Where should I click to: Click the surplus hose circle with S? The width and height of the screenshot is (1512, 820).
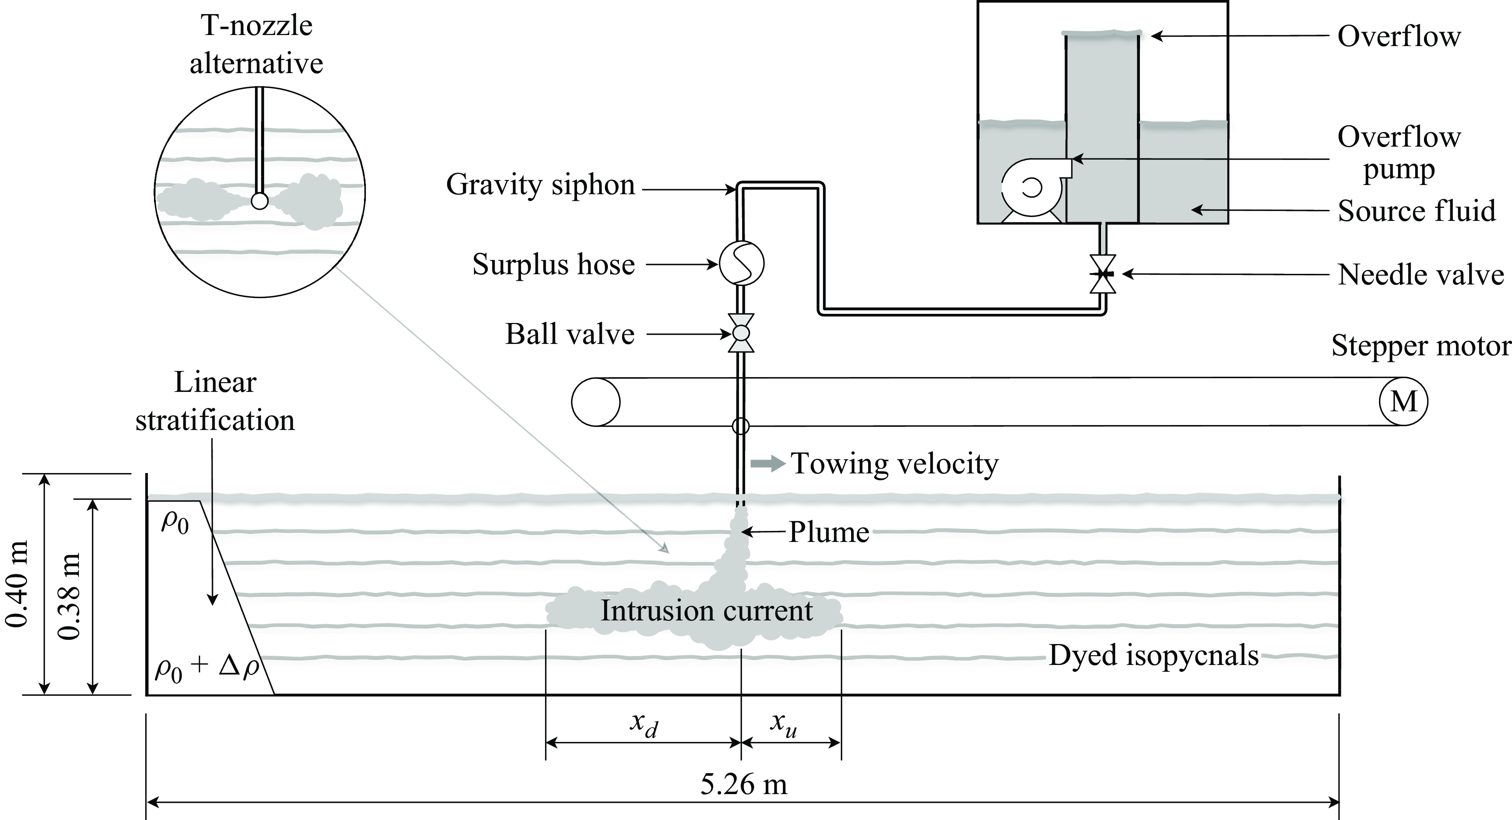coord(741,263)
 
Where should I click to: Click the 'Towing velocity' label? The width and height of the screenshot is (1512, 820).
coord(895,464)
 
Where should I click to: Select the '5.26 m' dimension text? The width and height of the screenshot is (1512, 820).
coord(744,784)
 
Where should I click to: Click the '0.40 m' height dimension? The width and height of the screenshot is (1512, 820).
coord(16,584)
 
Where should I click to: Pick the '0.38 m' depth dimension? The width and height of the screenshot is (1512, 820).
coord(69,596)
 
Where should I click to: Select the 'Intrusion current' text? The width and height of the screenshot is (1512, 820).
coord(707,611)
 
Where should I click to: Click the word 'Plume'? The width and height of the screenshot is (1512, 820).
coord(828,532)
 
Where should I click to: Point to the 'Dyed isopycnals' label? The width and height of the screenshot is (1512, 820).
coord(1153,655)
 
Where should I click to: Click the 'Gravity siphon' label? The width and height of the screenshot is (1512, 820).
coord(540,185)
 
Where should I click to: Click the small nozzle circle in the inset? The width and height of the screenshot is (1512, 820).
coord(260,201)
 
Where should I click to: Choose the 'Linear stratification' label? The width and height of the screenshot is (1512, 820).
coord(215,402)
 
